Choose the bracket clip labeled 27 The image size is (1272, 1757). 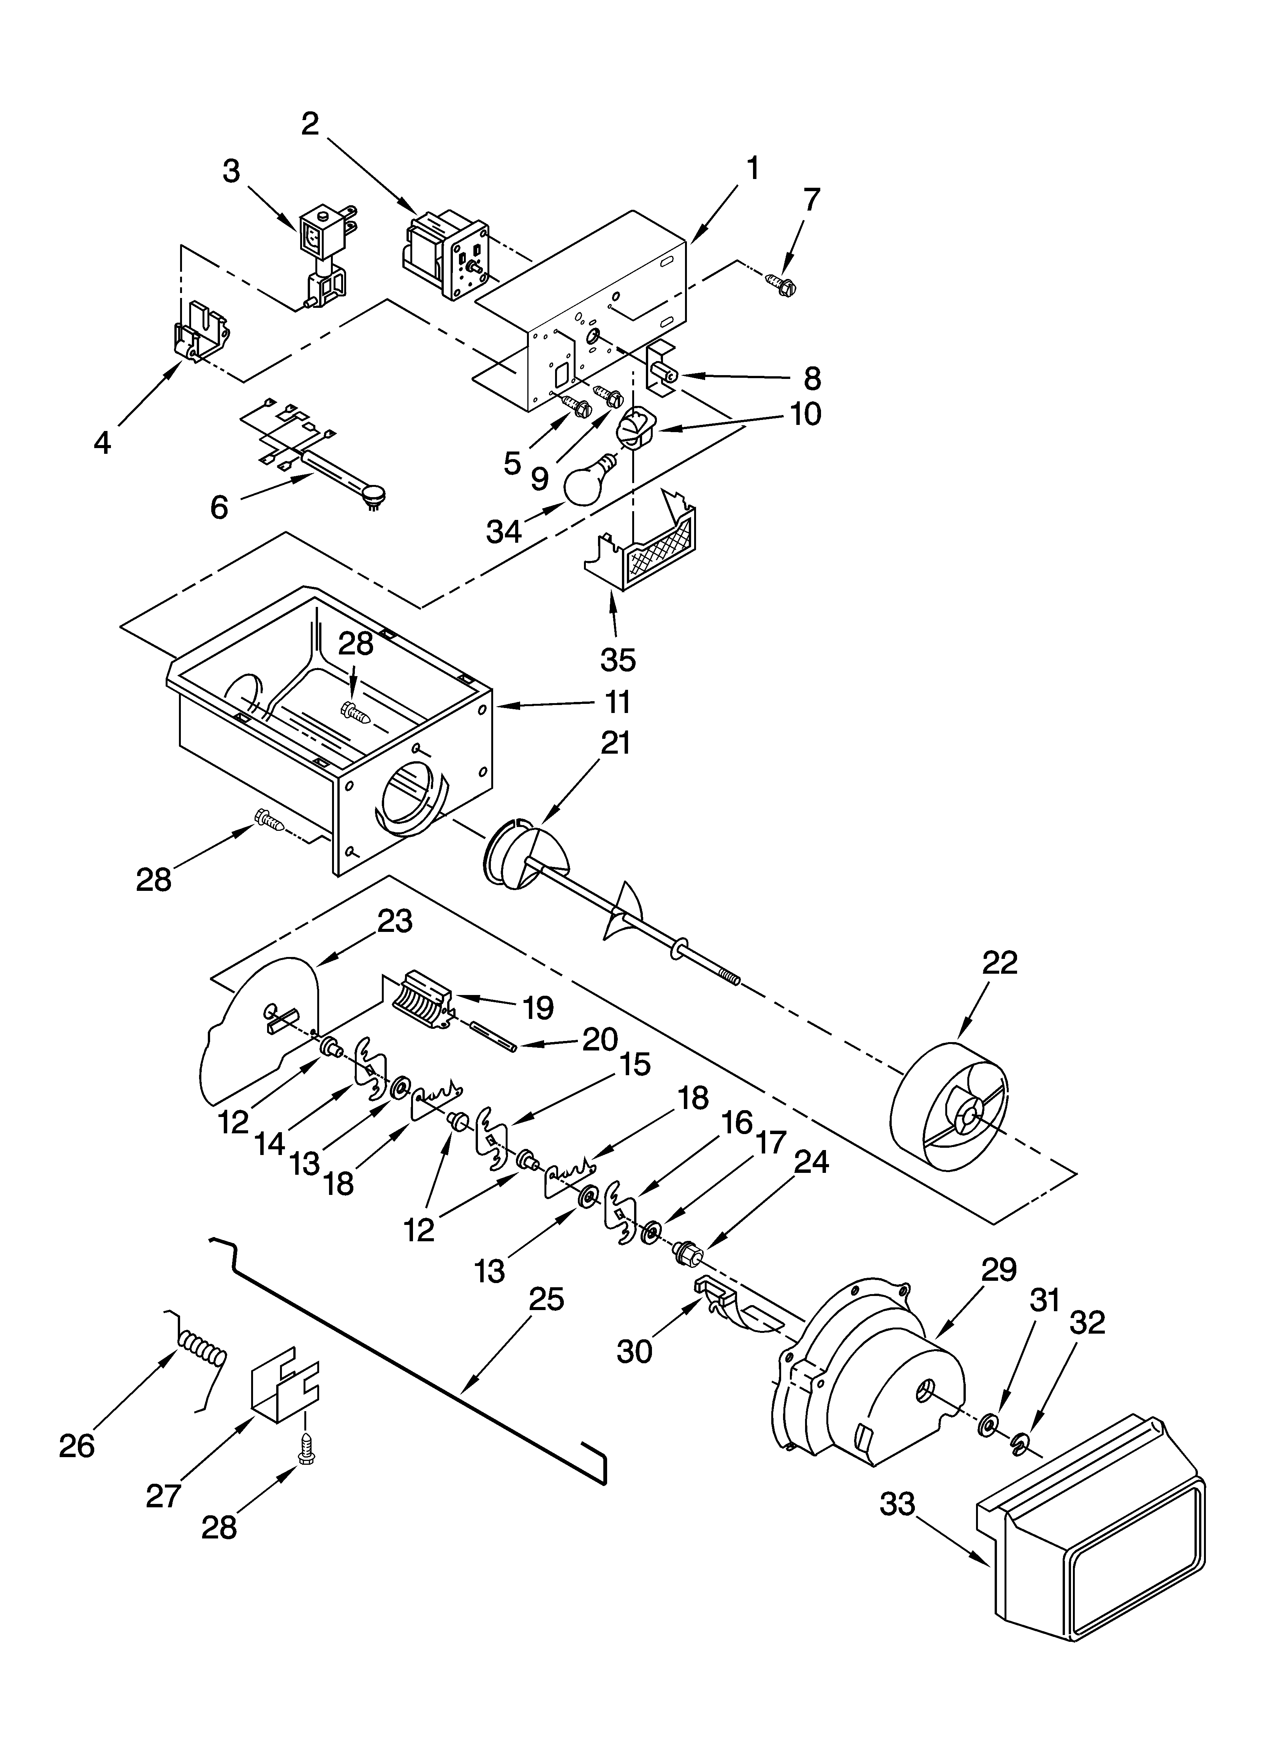pos(283,1391)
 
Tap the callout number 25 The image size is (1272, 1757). pos(546,1299)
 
